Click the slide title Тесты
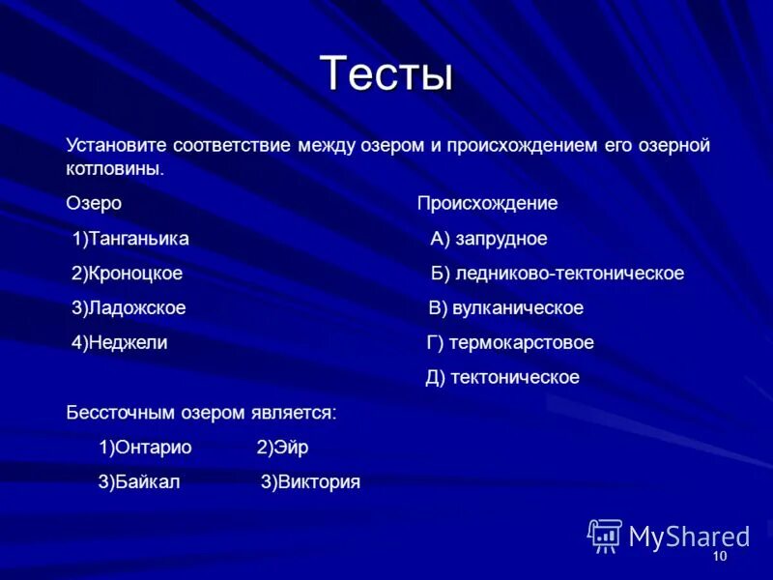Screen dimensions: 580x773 pos(386,72)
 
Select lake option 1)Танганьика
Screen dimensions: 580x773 pos(130,239)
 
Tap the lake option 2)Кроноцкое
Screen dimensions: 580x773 pos(127,274)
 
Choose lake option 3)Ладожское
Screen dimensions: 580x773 pos(129,308)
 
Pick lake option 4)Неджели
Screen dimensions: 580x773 pos(119,343)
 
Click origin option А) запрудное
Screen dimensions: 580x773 pos(489,239)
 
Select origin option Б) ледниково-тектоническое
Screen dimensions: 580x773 pos(558,274)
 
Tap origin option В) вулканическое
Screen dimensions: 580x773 pos(506,308)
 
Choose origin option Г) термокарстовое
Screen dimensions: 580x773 pos(510,343)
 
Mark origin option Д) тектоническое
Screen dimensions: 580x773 pos(502,378)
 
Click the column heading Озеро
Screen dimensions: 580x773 pos(94,204)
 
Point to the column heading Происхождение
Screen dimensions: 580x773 pos(487,204)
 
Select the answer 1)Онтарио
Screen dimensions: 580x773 pos(145,448)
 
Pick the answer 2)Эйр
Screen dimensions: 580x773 pos(282,448)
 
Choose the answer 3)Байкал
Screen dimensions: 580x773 pos(139,482)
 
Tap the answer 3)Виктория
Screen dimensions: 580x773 pos(310,482)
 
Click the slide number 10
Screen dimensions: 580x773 pos(719,558)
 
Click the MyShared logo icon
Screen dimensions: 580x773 pos(604,536)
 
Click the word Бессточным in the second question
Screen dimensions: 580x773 pos(120,413)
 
